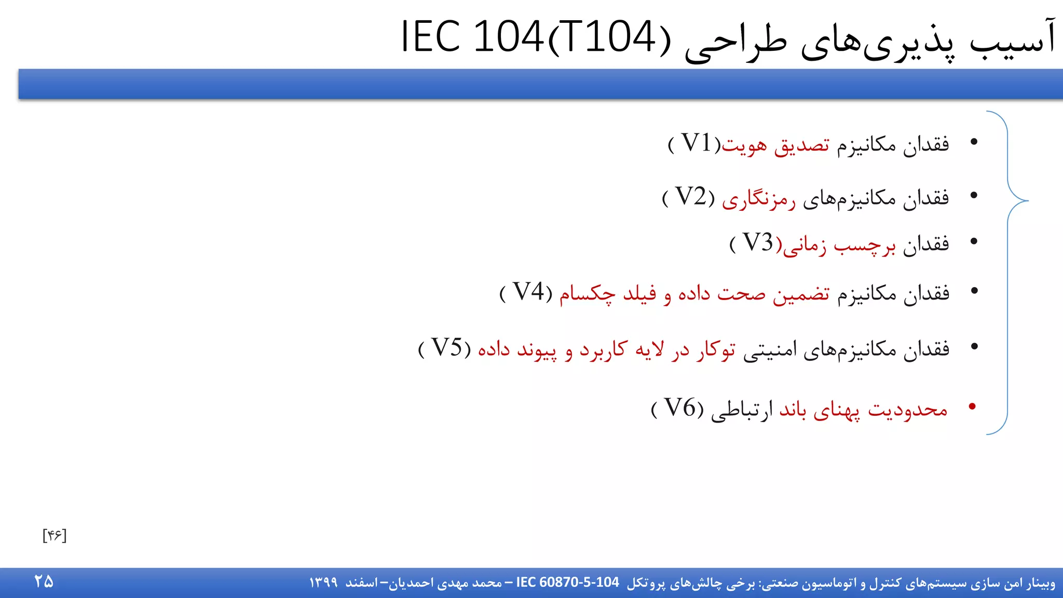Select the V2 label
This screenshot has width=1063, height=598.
(x=691, y=197)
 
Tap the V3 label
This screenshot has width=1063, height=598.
(x=758, y=243)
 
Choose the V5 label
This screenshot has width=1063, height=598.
(x=446, y=348)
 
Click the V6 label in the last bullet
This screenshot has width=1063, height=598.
(x=679, y=409)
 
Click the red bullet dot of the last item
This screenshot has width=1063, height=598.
(x=973, y=406)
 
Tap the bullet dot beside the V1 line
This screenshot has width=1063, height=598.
(x=974, y=142)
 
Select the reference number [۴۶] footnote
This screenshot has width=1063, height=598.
(x=54, y=535)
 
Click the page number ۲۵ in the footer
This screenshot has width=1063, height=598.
(x=44, y=581)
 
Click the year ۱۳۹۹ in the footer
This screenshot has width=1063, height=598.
(x=323, y=583)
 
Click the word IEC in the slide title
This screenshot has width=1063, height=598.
(x=431, y=37)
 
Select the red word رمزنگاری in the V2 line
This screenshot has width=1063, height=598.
(x=759, y=199)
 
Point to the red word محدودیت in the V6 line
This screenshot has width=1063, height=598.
(x=908, y=410)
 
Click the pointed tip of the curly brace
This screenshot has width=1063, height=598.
(x=1027, y=200)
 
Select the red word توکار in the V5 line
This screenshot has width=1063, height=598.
(x=716, y=350)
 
